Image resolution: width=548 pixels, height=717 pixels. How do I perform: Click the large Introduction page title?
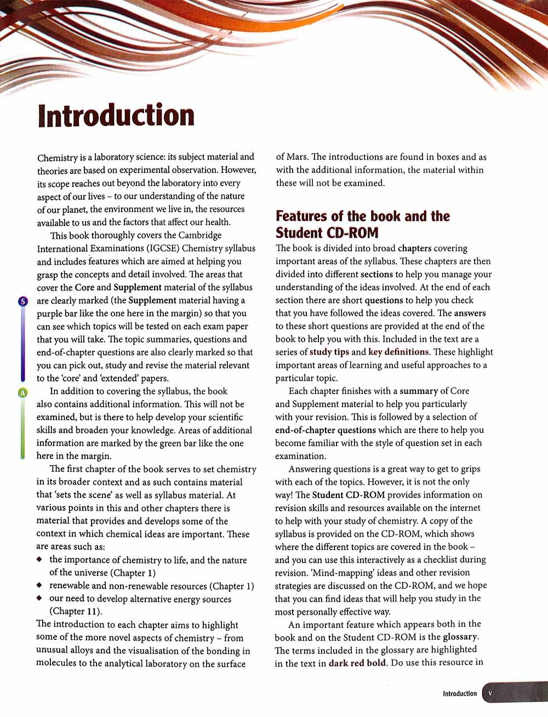point(116,116)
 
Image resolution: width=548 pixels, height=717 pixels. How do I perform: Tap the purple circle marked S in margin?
point(23,300)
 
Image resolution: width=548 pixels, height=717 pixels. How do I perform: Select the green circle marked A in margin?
point(23,392)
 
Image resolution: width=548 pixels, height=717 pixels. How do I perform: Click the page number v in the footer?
point(490,693)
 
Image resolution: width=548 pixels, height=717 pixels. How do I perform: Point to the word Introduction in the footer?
point(460,693)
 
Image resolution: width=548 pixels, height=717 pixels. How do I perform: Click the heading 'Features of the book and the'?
point(362,216)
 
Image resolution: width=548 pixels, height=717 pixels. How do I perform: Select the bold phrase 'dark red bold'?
point(358,663)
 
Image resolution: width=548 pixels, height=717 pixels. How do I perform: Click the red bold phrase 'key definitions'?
point(398,352)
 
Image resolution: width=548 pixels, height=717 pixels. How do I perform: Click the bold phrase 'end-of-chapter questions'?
point(326,430)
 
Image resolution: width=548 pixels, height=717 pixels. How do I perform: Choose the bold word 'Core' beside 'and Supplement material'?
point(84,287)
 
